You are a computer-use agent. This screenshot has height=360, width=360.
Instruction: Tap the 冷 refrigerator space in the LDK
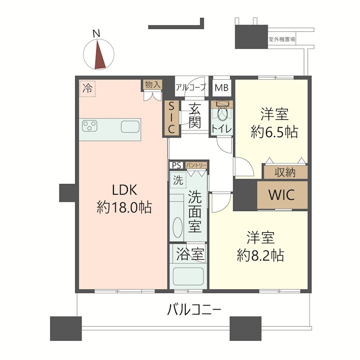pyautogui.click(x=87, y=88)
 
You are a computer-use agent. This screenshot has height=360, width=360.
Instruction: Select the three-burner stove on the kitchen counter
pyautogui.click(x=90, y=126)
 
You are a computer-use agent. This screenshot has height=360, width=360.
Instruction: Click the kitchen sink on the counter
pyautogui.click(x=130, y=126)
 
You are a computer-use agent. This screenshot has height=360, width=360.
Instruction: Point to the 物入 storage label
pyautogui.click(x=152, y=85)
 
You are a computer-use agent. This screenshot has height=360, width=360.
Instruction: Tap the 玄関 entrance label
pyautogui.click(x=195, y=116)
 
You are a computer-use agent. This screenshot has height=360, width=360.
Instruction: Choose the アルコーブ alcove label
pyautogui.click(x=191, y=87)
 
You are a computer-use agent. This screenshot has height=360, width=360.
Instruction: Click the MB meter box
pyautogui.click(x=221, y=87)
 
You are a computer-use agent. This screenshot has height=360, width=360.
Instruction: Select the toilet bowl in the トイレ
pyautogui.click(x=222, y=112)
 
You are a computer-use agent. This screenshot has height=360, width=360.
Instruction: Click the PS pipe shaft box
pyautogui.click(x=176, y=165)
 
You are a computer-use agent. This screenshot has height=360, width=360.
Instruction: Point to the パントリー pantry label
pyautogui.click(x=196, y=165)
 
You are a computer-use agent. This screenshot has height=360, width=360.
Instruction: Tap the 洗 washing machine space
pyautogui.click(x=178, y=180)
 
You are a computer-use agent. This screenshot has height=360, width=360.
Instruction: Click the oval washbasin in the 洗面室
pyautogui.click(x=177, y=227)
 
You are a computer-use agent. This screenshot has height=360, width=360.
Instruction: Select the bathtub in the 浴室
pyautogui.click(x=189, y=277)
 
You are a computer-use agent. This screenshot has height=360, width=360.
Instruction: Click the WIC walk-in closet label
pyautogui.click(x=282, y=195)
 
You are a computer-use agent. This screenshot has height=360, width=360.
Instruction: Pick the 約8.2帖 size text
pyautogui.click(x=261, y=255)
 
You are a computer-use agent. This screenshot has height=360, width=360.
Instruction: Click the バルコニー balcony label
pyautogui.click(x=194, y=310)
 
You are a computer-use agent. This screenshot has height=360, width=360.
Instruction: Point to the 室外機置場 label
pyautogui.click(x=282, y=39)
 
